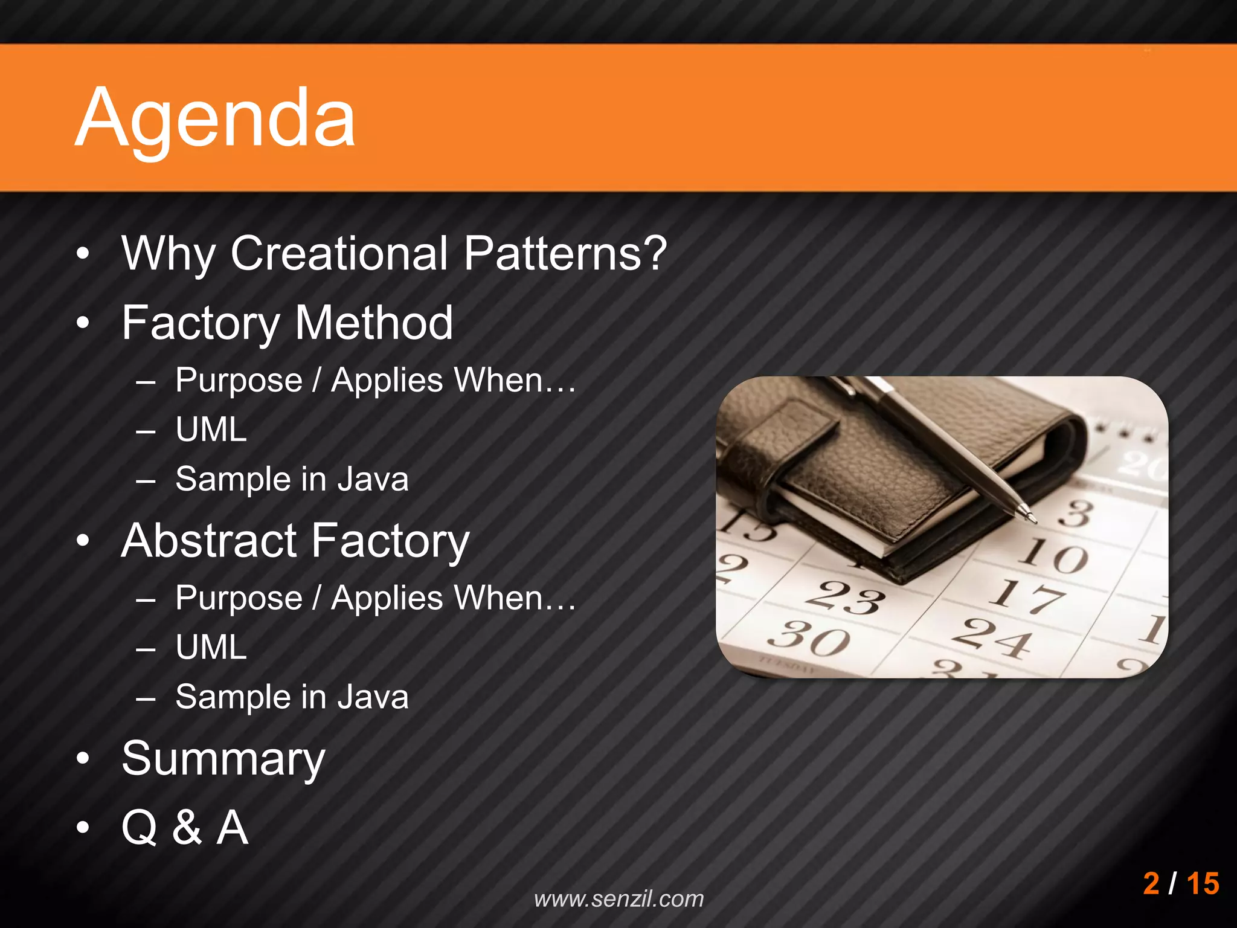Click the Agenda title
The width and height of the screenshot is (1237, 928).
[216, 118]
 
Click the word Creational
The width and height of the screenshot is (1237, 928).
[339, 254]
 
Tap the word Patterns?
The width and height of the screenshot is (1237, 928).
[565, 254]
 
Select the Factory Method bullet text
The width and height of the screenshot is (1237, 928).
[287, 323]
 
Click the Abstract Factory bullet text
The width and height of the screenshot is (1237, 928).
[295, 541]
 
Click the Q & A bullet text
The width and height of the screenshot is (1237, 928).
[185, 827]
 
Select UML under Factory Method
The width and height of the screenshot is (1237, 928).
[211, 430]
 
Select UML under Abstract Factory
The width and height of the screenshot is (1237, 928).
[211, 648]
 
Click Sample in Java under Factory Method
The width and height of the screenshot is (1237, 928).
[292, 479]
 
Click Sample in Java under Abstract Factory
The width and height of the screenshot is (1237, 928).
[292, 697]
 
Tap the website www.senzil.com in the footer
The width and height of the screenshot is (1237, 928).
[619, 899]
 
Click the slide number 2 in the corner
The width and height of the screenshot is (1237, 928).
[1151, 883]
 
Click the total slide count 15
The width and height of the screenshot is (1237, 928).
[1203, 883]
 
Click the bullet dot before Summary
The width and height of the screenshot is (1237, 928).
[83, 759]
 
